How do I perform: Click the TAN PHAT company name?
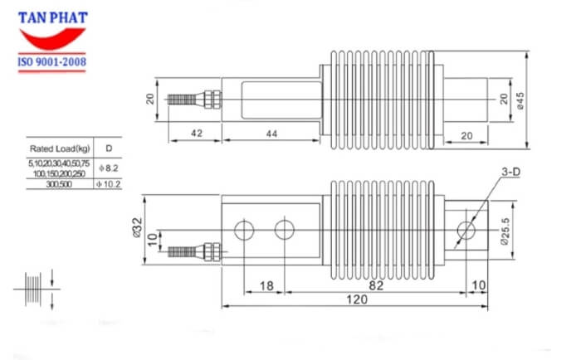52,17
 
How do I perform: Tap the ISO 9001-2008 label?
52,62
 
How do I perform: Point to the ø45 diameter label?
520,100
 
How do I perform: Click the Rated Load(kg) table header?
59,148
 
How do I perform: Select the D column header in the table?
108,148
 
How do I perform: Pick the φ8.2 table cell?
108,169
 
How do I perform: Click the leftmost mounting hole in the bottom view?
243,229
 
